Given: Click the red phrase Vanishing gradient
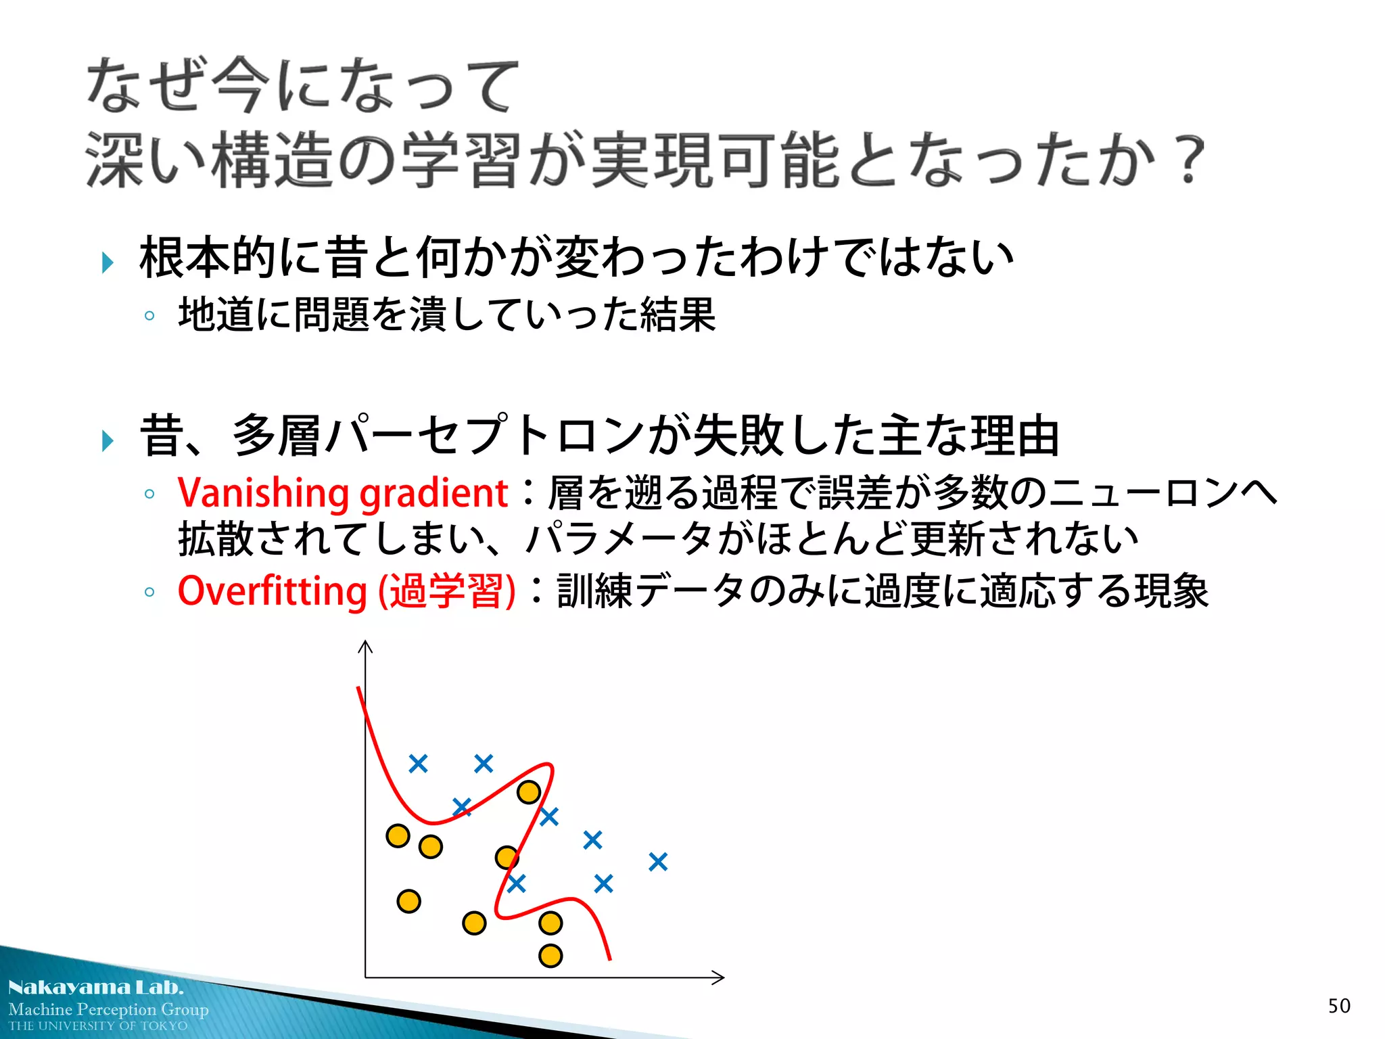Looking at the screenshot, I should tap(342, 492).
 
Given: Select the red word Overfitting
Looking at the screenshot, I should tap(272, 591).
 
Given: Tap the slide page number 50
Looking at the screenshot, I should tap(1338, 1006).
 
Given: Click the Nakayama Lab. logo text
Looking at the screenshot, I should tap(95, 988).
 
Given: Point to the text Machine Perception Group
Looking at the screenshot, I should tap(108, 1009).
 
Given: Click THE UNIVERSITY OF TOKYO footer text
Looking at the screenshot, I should tap(98, 1026).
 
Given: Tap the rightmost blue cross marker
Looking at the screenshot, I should tap(658, 862).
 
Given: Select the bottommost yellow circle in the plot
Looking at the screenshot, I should tap(550, 956).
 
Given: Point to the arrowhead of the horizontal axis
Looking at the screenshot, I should tap(720, 977).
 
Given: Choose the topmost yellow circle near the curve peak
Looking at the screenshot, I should tap(528, 792).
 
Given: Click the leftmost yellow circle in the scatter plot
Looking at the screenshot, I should tap(398, 836).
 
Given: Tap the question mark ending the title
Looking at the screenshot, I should tap(1189, 160).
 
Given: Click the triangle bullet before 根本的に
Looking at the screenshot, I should tap(108, 262).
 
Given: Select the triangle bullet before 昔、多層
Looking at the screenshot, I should tap(108, 441).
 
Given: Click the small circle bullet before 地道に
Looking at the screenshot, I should tap(149, 316).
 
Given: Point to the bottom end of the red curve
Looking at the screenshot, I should tap(609, 957).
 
